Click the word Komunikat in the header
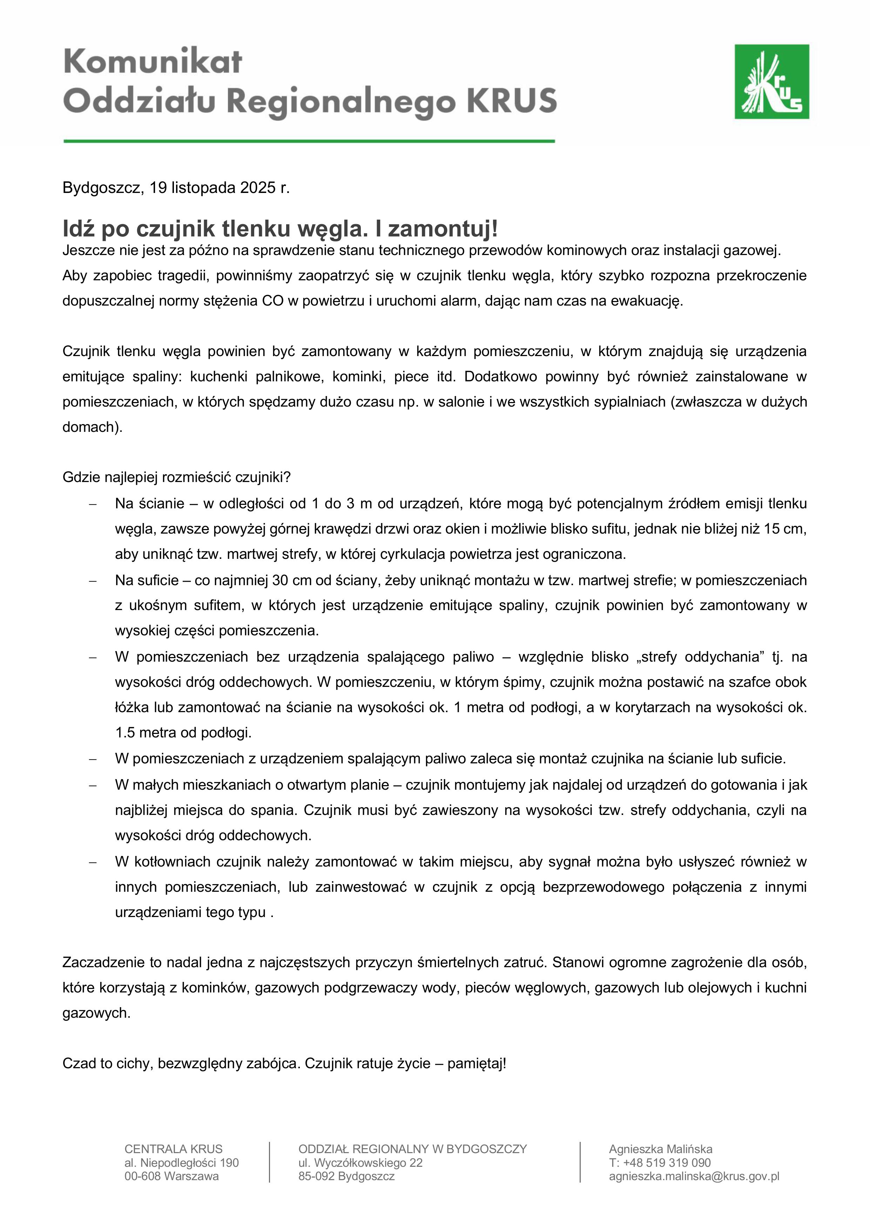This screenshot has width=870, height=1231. (x=153, y=62)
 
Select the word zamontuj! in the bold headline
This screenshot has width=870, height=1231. (x=443, y=229)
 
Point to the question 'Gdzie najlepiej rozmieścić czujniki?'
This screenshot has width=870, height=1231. (x=176, y=477)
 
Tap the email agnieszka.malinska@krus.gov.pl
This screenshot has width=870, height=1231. (x=694, y=1176)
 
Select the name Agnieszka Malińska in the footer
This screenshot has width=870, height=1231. (x=660, y=1149)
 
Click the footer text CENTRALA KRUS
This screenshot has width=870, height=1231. (x=173, y=1149)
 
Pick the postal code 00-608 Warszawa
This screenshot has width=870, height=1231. (x=171, y=1176)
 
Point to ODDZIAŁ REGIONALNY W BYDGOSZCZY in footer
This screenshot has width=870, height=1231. (x=412, y=1149)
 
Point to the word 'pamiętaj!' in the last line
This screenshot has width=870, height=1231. (x=477, y=1063)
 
